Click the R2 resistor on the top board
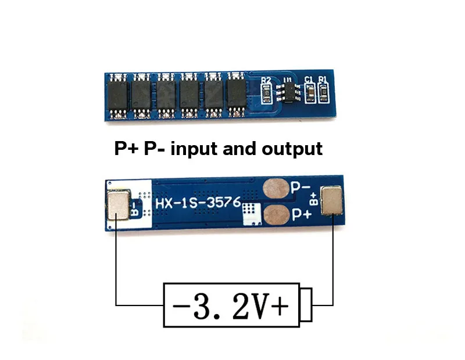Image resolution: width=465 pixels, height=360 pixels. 267,93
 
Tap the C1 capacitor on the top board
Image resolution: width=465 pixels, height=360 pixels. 310,93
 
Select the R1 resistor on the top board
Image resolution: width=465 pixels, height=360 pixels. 323,93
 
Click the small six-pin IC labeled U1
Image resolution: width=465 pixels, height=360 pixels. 288,92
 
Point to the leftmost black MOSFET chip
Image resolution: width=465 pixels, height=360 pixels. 118,96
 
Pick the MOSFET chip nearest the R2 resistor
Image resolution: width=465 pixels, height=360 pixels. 237,94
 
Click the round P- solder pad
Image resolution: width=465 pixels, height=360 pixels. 276,189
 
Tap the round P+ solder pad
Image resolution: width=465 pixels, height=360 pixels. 277,215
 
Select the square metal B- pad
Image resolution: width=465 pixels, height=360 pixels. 118,205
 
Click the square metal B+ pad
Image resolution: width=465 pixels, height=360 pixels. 331,200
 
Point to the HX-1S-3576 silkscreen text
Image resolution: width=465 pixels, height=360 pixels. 198,203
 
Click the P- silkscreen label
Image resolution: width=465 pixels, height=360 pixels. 301,188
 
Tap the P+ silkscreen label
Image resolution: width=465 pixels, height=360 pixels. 302,214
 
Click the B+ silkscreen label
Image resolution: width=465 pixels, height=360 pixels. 313,199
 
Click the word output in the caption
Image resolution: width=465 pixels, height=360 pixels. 292,149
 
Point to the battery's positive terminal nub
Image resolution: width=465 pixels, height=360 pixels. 306,305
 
